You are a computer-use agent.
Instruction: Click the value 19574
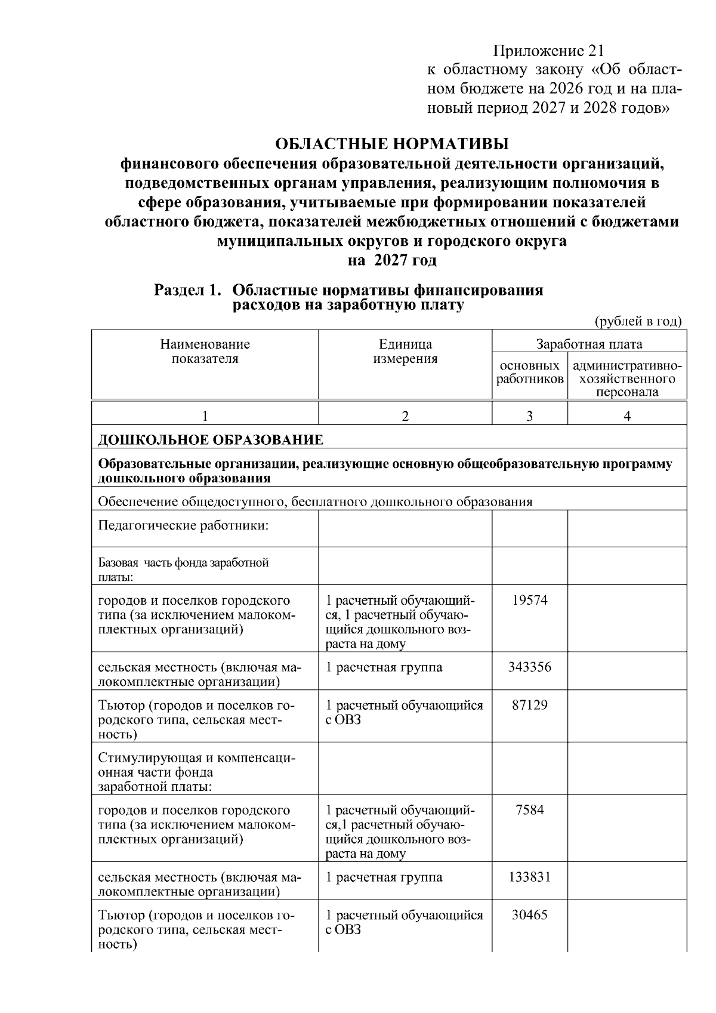pos(529,601)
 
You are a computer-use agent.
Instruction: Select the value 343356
pos(529,667)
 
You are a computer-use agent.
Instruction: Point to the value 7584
pos(529,811)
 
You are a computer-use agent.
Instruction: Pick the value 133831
pos(529,877)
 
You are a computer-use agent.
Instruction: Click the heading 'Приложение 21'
pos(549,51)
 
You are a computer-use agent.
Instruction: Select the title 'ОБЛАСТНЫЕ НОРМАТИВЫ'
pos(391,144)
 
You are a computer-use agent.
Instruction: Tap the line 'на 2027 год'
pos(391,261)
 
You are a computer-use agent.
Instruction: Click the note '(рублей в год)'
pos(638,322)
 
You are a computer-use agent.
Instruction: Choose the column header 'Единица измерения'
pos(405,352)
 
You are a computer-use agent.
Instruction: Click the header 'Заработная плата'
pos(589,344)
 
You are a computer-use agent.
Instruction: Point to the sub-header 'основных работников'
pos(529,372)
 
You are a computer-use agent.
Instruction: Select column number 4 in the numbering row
pos(627,417)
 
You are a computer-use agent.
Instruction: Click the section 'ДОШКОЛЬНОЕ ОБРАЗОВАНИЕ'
pos(211,441)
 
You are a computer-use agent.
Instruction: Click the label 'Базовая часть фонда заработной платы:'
pos(183,569)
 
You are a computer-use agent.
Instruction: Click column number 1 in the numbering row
pos(205,417)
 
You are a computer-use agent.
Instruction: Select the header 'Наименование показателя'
pos(205,352)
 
